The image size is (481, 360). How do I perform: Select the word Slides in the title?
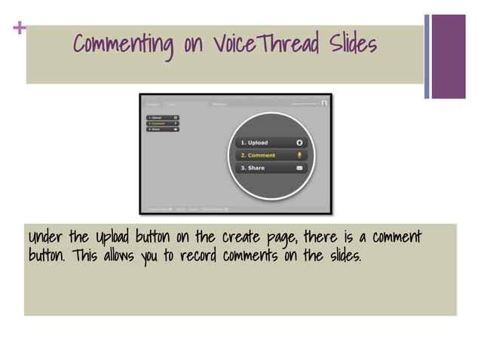pos(351,44)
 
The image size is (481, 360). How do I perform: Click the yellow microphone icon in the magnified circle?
pos(299,155)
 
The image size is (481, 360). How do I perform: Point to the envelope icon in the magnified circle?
pos(299,168)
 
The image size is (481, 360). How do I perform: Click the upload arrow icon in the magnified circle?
pos(299,142)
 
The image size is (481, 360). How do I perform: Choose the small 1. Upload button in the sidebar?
pos(162,117)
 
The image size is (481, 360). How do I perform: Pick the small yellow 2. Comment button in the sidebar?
pos(162,124)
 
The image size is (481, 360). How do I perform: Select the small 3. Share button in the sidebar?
pos(162,130)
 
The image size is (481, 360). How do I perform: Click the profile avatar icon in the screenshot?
pos(323,104)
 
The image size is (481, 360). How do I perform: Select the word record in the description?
pos(197,256)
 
